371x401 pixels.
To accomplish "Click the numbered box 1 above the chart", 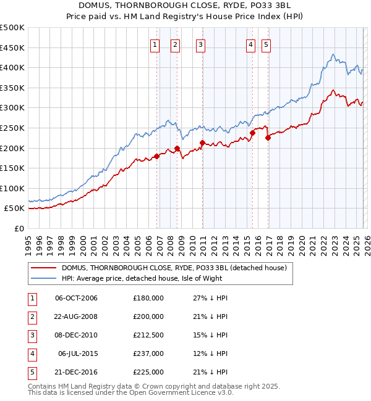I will click(x=155, y=44).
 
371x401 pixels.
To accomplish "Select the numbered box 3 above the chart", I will click(x=201, y=44).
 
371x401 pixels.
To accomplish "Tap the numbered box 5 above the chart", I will click(x=266, y=44).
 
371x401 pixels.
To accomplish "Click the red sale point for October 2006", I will click(x=156, y=156).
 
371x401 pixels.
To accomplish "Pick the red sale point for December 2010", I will click(x=202, y=143).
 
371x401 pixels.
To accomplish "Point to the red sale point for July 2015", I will click(x=252, y=133).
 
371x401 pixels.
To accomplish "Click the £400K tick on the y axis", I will click(x=13, y=67).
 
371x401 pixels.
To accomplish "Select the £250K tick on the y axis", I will click(x=13, y=128).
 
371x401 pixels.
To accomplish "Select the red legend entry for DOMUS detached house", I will click(x=174, y=268).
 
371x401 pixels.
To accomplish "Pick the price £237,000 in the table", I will click(x=148, y=353).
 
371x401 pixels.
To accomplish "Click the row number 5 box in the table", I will click(x=30, y=372).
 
